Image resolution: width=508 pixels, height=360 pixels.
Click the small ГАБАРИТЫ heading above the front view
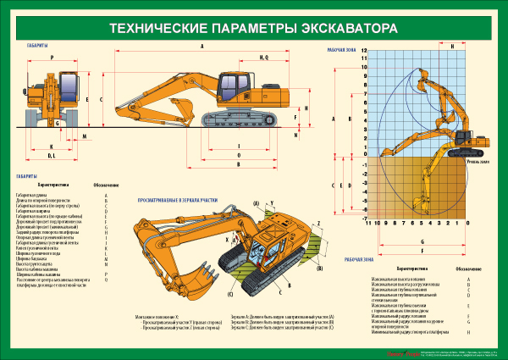tap(36, 46)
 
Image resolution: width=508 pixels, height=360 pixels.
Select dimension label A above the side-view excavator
tap(202, 47)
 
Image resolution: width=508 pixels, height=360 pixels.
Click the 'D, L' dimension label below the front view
tap(51, 156)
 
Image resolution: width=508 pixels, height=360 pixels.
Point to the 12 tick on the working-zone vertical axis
tap(363, 51)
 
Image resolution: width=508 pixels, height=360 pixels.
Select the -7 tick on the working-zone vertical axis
tap(363, 209)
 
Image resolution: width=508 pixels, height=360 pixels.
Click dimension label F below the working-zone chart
tap(421, 240)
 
